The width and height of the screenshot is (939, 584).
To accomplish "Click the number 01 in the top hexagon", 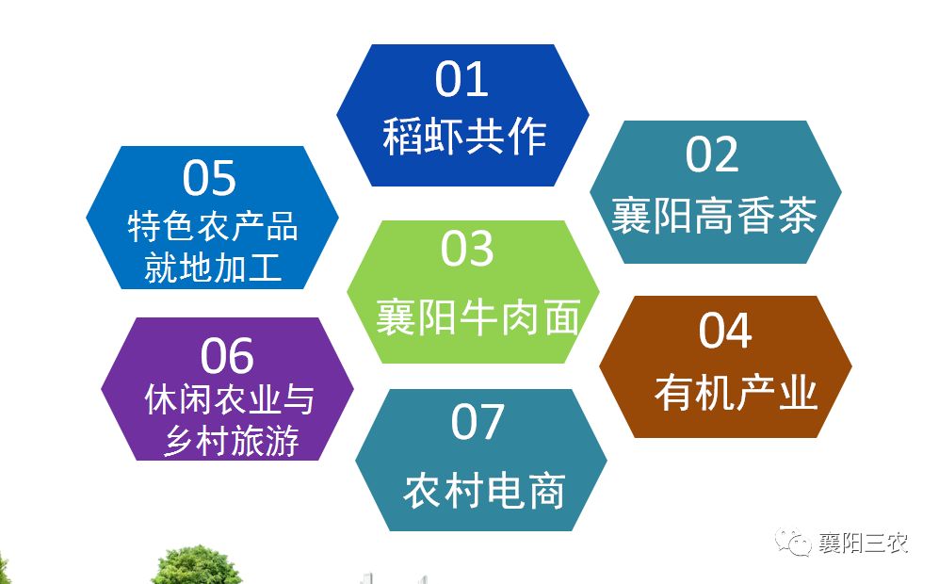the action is coord(461,79).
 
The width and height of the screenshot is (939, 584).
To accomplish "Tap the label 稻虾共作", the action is coord(464,137).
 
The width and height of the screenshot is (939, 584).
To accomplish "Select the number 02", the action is coord(712,154).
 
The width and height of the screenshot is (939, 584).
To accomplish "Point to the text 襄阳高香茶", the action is coord(714,215).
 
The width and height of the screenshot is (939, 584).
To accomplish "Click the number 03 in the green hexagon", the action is coord(467,249).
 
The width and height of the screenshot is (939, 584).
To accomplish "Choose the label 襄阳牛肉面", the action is coord(478,316).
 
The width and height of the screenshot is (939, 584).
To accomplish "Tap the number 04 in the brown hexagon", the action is coord(725,330).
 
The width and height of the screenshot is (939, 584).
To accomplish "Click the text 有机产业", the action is coord(736,393).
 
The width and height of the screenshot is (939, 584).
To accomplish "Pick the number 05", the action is coord(209,178).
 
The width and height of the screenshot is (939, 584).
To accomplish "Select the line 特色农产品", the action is coord(213,226).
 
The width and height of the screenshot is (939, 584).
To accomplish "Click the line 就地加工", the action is coord(213,268).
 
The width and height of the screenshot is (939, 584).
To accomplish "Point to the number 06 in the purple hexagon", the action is coord(227,356).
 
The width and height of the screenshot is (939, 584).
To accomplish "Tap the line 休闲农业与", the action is coord(230,399).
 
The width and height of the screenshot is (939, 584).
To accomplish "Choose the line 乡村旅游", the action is coord(231,441).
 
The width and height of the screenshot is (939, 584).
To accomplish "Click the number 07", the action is coord(478,422).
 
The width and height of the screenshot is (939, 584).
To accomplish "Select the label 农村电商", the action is coord(484,491).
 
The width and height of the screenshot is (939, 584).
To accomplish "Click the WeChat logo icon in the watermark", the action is coord(793,542).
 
